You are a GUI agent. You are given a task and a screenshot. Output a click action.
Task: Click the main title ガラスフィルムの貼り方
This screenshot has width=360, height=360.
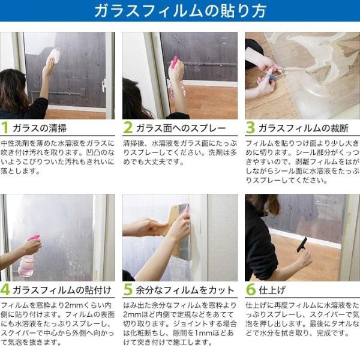click(180, 11)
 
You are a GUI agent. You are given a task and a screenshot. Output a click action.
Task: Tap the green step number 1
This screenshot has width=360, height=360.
click(5, 127)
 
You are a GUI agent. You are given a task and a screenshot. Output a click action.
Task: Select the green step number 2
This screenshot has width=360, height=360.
click(128, 127)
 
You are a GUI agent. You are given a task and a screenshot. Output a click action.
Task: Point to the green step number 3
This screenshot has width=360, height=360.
click(250, 127)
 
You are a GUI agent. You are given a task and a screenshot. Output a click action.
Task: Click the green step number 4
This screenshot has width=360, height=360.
click(5, 290)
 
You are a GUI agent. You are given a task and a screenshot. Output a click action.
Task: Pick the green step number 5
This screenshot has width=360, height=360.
click(128, 290)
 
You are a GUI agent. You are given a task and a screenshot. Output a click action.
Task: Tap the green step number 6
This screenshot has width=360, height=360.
click(250, 290)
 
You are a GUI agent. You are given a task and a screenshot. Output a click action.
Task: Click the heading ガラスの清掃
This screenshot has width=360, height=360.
click(40, 128)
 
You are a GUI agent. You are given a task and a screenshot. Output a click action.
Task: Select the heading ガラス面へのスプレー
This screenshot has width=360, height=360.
click(181, 128)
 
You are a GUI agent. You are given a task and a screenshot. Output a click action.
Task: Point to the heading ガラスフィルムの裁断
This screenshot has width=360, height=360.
click(304, 128)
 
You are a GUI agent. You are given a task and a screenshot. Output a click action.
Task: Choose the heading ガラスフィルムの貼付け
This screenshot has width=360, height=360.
click(62, 290)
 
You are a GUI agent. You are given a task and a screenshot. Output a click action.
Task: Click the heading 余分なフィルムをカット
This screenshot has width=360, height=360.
click(185, 290)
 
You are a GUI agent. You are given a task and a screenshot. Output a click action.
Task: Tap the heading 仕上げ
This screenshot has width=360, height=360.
click(272, 290)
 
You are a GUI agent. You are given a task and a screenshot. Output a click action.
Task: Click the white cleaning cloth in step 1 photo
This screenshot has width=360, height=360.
click(54, 56)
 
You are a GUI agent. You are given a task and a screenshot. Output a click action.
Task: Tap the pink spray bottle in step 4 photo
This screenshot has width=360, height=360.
click(28, 257)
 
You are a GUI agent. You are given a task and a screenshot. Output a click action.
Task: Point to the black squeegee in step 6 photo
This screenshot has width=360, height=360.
click(302, 245)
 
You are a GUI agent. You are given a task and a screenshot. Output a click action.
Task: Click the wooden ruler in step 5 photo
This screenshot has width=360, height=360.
click(175, 230)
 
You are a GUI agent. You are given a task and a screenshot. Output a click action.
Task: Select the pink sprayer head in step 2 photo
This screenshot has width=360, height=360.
click(174, 62)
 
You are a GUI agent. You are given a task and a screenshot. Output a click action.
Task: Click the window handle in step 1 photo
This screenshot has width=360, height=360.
click(104, 85)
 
